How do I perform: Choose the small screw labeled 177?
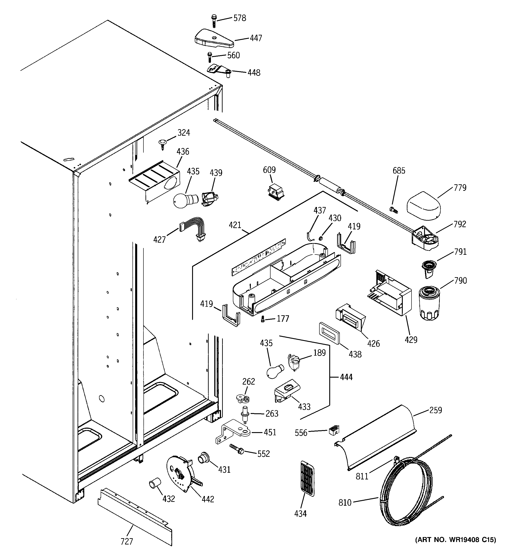[x=263, y=319]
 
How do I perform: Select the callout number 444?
[x=346, y=377]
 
